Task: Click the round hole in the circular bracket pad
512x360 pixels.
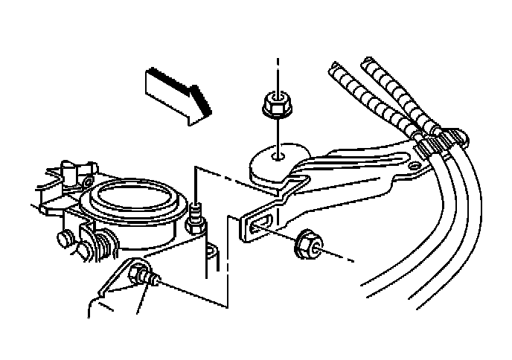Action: pos(277,156)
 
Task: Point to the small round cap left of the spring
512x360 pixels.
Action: pos(64,239)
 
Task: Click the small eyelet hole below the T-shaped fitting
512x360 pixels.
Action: pos(86,183)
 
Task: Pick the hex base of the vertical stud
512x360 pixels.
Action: pos(195,222)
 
